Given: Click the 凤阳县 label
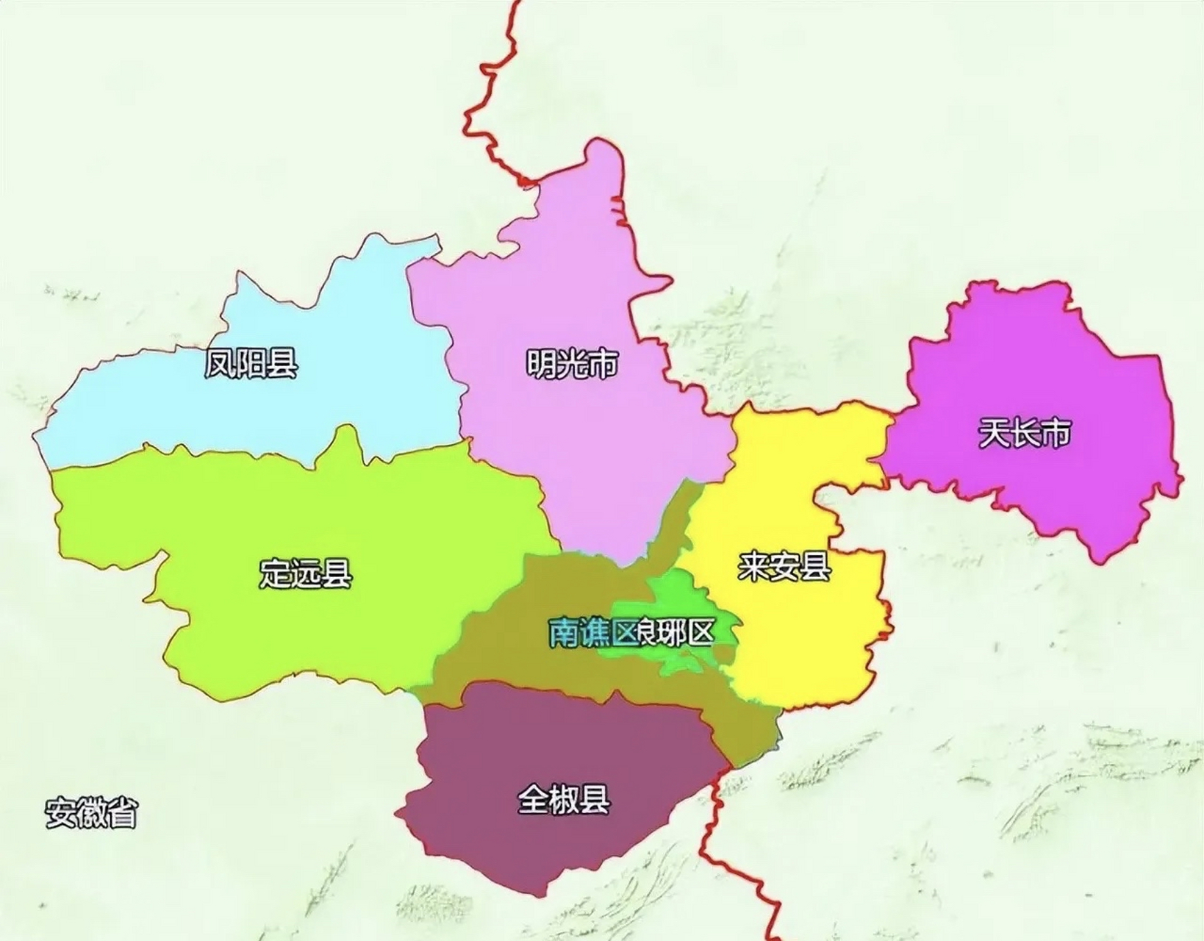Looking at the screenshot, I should click(x=251, y=363).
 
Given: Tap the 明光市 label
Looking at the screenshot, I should click(x=573, y=363).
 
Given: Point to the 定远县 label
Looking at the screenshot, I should click(x=306, y=573).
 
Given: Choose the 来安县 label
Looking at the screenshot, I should click(x=784, y=567).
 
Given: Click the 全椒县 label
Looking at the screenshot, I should click(x=564, y=799).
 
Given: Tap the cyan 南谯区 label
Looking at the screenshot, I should click(x=592, y=632).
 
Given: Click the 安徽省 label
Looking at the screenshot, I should click(x=91, y=813).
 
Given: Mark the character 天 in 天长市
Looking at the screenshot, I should click(x=994, y=434).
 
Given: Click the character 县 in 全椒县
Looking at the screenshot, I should click(x=595, y=799).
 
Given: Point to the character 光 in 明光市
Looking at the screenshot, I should click(x=573, y=363).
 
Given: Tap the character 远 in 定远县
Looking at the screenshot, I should click(x=306, y=573).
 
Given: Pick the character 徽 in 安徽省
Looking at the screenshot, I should click(x=91, y=813).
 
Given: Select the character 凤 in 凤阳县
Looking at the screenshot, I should click(x=221, y=363).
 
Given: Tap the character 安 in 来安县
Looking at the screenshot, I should click(x=784, y=567).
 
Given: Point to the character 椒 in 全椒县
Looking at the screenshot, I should click(x=564, y=799).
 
